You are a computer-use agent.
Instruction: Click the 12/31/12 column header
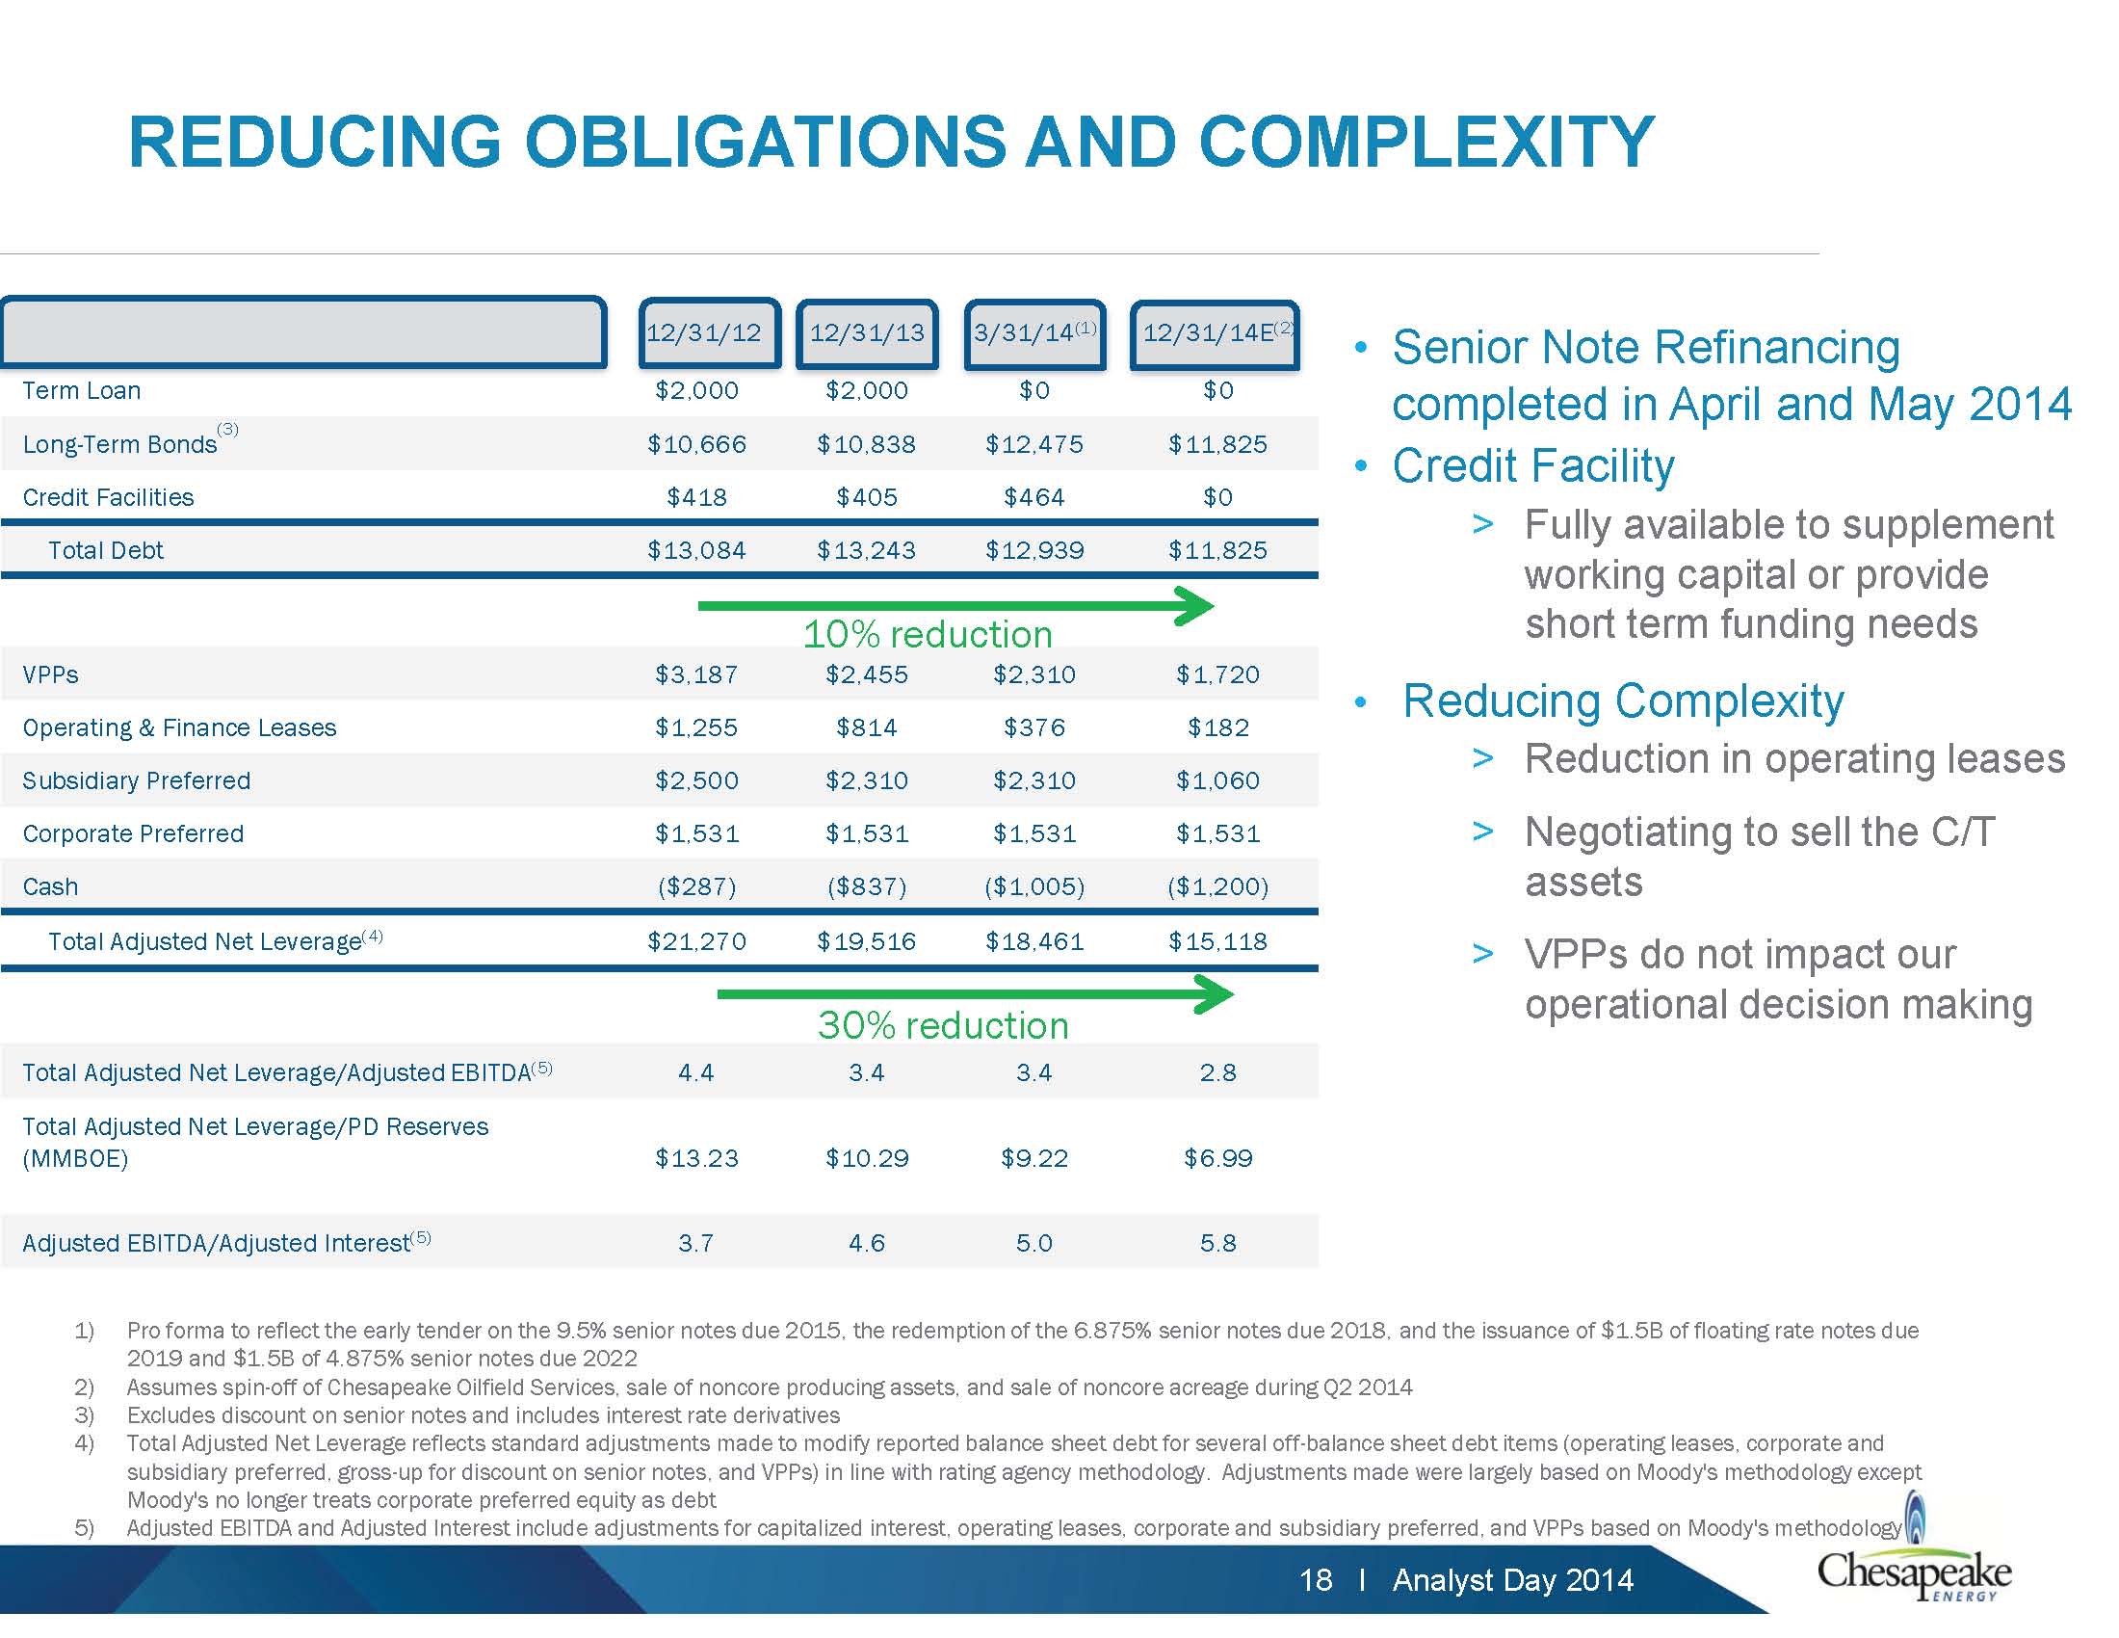pyautogui.click(x=709, y=333)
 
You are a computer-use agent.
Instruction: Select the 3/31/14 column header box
pyautogui.click(x=1035, y=333)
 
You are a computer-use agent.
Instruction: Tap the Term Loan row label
pyautogui.click(x=82, y=391)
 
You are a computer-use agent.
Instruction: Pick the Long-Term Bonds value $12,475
pyautogui.click(x=1034, y=444)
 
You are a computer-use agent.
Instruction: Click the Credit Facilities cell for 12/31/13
pyautogui.click(x=867, y=498)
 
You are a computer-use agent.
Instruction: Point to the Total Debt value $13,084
pyautogui.click(x=696, y=551)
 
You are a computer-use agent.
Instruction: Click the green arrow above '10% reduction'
pyautogui.click(x=955, y=606)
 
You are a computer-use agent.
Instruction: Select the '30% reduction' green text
pyautogui.click(x=943, y=1026)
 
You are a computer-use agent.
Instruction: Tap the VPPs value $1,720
pyautogui.click(x=1217, y=675)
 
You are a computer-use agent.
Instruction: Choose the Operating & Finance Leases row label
pyautogui.click(x=179, y=727)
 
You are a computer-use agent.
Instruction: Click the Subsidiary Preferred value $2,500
pyautogui.click(x=696, y=781)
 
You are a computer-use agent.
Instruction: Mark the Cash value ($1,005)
pyautogui.click(x=1034, y=886)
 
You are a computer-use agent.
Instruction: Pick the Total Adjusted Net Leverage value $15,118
pyautogui.click(x=1217, y=941)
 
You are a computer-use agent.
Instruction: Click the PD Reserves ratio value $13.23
pyautogui.click(x=696, y=1158)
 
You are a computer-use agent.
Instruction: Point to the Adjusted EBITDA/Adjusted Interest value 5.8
pyautogui.click(x=1217, y=1244)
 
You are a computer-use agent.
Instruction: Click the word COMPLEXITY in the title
pyautogui.click(x=1426, y=143)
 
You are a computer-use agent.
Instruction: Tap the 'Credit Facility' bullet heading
pyautogui.click(x=1533, y=466)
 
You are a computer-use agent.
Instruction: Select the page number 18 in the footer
pyautogui.click(x=1316, y=1581)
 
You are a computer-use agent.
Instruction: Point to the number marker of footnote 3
pyautogui.click(x=85, y=1415)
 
